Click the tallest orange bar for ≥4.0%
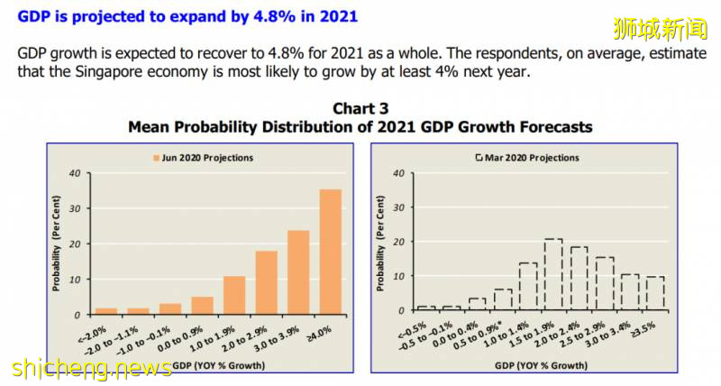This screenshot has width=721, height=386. (x=331, y=253)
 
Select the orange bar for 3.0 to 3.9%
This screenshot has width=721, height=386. (x=298, y=272)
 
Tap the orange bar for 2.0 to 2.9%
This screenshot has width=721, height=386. (x=266, y=283)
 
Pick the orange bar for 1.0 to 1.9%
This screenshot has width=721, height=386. (x=234, y=296)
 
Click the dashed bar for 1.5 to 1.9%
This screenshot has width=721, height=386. (x=553, y=275)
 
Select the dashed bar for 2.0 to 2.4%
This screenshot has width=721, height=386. (x=579, y=279)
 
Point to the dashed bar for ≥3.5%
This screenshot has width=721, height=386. (x=655, y=293)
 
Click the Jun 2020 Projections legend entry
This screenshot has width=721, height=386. (x=203, y=158)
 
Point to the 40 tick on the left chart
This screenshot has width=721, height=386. (x=75, y=173)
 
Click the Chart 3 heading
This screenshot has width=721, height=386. (x=360, y=109)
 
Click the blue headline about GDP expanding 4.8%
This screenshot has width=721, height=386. (x=187, y=15)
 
